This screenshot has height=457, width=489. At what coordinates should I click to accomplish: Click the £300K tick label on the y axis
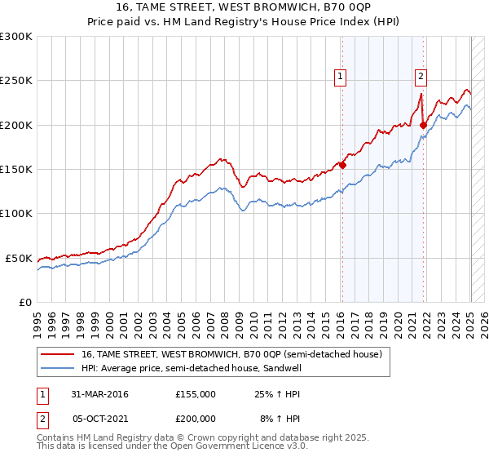[16, 37]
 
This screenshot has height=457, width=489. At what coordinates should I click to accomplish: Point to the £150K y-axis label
[16, 170]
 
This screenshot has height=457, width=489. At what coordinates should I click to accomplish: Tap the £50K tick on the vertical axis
[19, 258]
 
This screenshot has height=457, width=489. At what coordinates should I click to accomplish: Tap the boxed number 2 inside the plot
[421, 78]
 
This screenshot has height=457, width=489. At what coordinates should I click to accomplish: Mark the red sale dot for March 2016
[342, 165]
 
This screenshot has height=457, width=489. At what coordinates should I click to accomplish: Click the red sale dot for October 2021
[423, 125]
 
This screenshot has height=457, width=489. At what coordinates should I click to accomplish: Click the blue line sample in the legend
[57, 368]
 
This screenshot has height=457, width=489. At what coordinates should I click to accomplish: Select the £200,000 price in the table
[195, 418]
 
